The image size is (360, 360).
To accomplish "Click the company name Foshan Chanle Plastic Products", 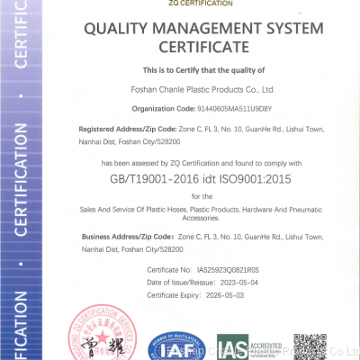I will [x=202, y=89].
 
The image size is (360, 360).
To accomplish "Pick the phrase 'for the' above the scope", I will [x=202, y=195].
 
